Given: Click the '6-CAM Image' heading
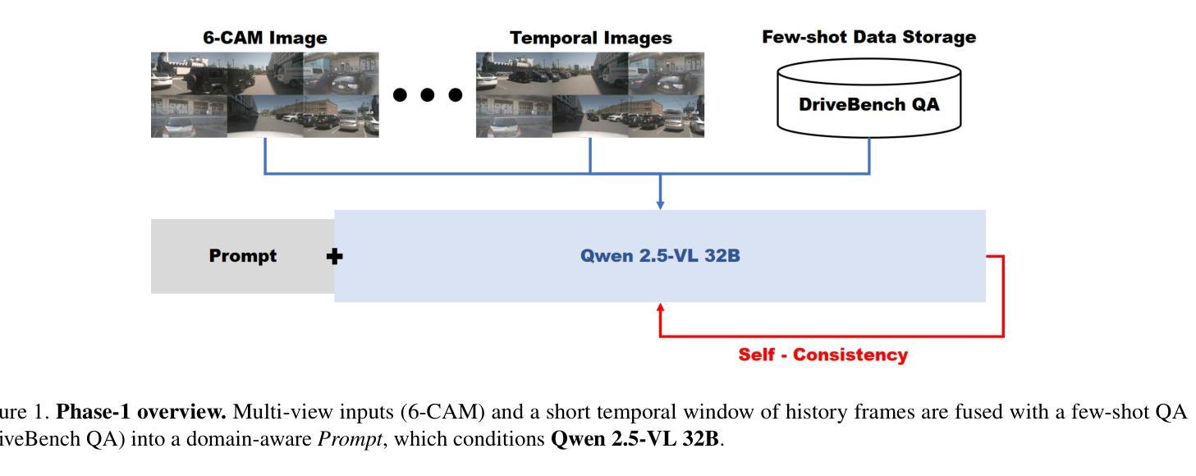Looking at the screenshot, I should pos(264,38).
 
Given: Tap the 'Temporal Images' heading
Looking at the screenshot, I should pos(590,38).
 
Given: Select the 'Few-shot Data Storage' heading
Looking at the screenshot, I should pos(869,37).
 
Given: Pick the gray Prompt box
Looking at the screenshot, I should pos(242,256).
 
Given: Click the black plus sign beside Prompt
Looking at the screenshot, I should pos(335,256).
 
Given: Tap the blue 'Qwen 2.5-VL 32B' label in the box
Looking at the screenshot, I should pos(660,256).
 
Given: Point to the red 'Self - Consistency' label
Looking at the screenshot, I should pos(823,355).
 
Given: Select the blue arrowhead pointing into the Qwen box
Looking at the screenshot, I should pos(661,204).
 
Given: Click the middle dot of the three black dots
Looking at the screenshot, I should pos(428,94).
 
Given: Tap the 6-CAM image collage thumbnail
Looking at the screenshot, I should pos(264,94).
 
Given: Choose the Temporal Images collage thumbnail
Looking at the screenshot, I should pos(590,94).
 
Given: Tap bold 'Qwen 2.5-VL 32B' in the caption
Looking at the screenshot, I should pos(635,439).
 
